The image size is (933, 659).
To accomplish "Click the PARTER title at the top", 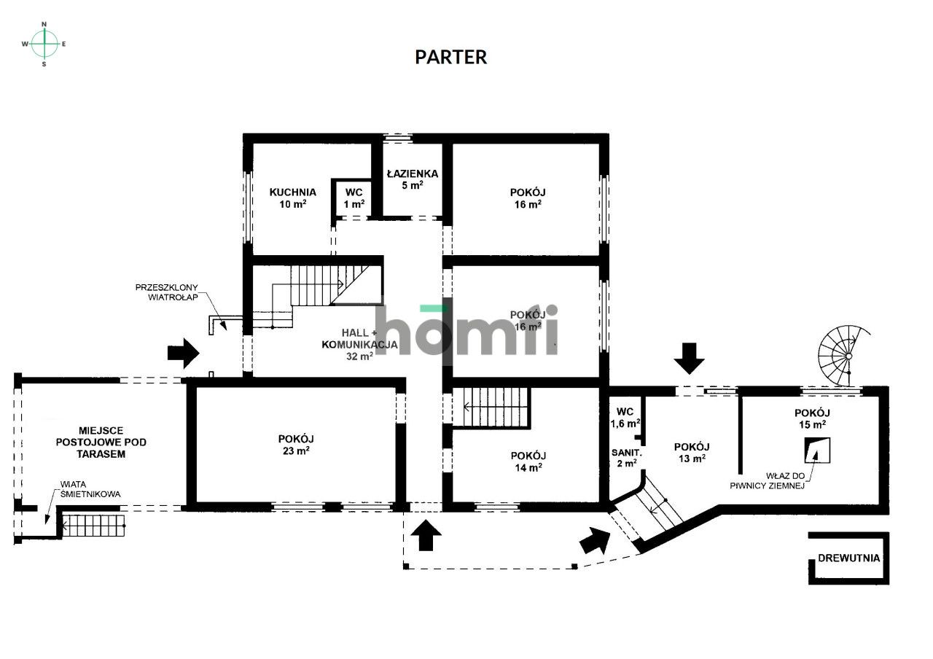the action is coord(450,57).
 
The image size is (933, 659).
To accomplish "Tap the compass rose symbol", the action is coord(44,44).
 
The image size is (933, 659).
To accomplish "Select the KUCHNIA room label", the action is coord(293,192).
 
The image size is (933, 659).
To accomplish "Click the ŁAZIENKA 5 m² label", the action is coord(413,179).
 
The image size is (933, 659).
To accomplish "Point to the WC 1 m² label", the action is coord(354,198).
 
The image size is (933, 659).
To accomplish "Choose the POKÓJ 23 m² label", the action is coord(296,445).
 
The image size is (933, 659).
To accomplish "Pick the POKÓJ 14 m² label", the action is coord(528,461).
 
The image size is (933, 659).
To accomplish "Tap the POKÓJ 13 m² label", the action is coord(692,453).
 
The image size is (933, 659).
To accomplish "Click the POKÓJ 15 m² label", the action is coord(812,418).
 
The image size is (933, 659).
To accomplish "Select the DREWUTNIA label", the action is coord(849,558).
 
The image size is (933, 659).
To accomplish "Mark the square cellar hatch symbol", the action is coord(817,450).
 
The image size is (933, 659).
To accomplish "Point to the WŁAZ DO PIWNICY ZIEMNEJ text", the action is coord(768,480).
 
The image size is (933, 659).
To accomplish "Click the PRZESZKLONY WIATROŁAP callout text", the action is coord(167,292).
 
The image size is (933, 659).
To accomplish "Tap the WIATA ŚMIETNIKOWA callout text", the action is coord(90,489).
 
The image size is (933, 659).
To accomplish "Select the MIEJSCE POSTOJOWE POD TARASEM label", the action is coord(101,442).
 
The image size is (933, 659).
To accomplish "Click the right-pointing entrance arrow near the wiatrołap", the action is coord(183,354).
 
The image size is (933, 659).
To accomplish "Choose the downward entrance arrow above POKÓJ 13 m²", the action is coord(689,358).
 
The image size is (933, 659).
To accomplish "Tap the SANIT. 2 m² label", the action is coord(626,458).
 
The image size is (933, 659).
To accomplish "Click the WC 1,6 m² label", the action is coord(625,418).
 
